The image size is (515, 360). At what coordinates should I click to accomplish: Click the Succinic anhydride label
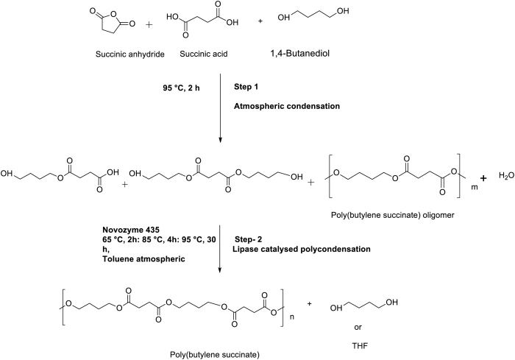click(x=129, y=54)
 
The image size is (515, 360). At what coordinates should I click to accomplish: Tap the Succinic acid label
click(x=204, y=54)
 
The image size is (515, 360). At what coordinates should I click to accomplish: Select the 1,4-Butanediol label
click(x=300, y=53)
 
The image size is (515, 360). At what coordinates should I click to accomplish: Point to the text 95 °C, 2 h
click(x=181, y=88)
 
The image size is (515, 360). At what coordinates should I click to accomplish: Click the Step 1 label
click(x=246, y=87)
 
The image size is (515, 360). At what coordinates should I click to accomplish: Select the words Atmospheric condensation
click(x=287, y=106)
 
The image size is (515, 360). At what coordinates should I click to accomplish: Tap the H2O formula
click(x=506, y=176)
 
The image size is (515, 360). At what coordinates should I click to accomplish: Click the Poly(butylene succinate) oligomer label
click(x=392, y=215)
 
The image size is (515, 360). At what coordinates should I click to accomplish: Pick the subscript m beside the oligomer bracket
click(x=475, y=188)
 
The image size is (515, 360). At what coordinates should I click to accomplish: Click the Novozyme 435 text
click(x=131, y=230)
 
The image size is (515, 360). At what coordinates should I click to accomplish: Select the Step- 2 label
click(x=249, y=239)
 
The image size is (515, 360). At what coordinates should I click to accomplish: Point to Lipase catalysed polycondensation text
click(x=302, y=250)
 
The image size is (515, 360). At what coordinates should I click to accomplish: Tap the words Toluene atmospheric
click(x=143, y=259)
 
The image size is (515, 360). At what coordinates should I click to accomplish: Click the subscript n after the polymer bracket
click(x=292, y=318)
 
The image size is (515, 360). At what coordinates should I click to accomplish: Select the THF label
click(x=360, y=346)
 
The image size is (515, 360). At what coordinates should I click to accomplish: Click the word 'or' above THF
click(x=358, y=328)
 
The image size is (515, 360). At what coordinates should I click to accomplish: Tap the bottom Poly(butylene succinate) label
click(x=215, y=355)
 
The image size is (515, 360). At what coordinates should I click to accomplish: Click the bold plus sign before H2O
click(x=483, y=178)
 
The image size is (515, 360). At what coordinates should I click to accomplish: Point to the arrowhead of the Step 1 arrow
click(x=220, y=141)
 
